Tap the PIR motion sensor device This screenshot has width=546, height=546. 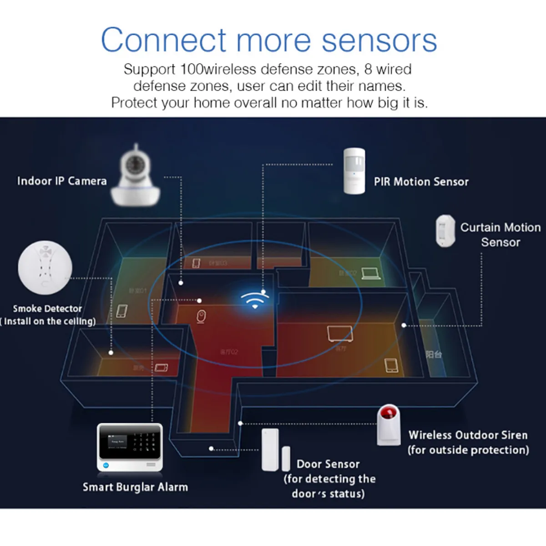(x=354, y=170)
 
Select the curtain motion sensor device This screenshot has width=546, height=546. (x=445, y=231)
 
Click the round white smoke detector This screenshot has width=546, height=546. (x=45, y=268)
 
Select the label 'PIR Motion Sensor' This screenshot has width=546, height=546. (x=421, y=182)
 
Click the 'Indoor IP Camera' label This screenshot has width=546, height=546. (x=62, y=181)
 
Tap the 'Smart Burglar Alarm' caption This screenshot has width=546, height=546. (x=135, y=487)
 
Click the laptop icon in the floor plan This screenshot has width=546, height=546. (x=371, y=273)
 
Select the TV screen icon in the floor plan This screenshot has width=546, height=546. (x=339, y=334)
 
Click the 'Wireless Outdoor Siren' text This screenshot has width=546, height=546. (x=468, y=435)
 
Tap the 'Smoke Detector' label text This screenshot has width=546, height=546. (x=47, y=308)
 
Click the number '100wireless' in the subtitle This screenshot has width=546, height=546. (x=218, y=69)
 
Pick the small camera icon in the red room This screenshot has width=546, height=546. (x=201, y=317)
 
